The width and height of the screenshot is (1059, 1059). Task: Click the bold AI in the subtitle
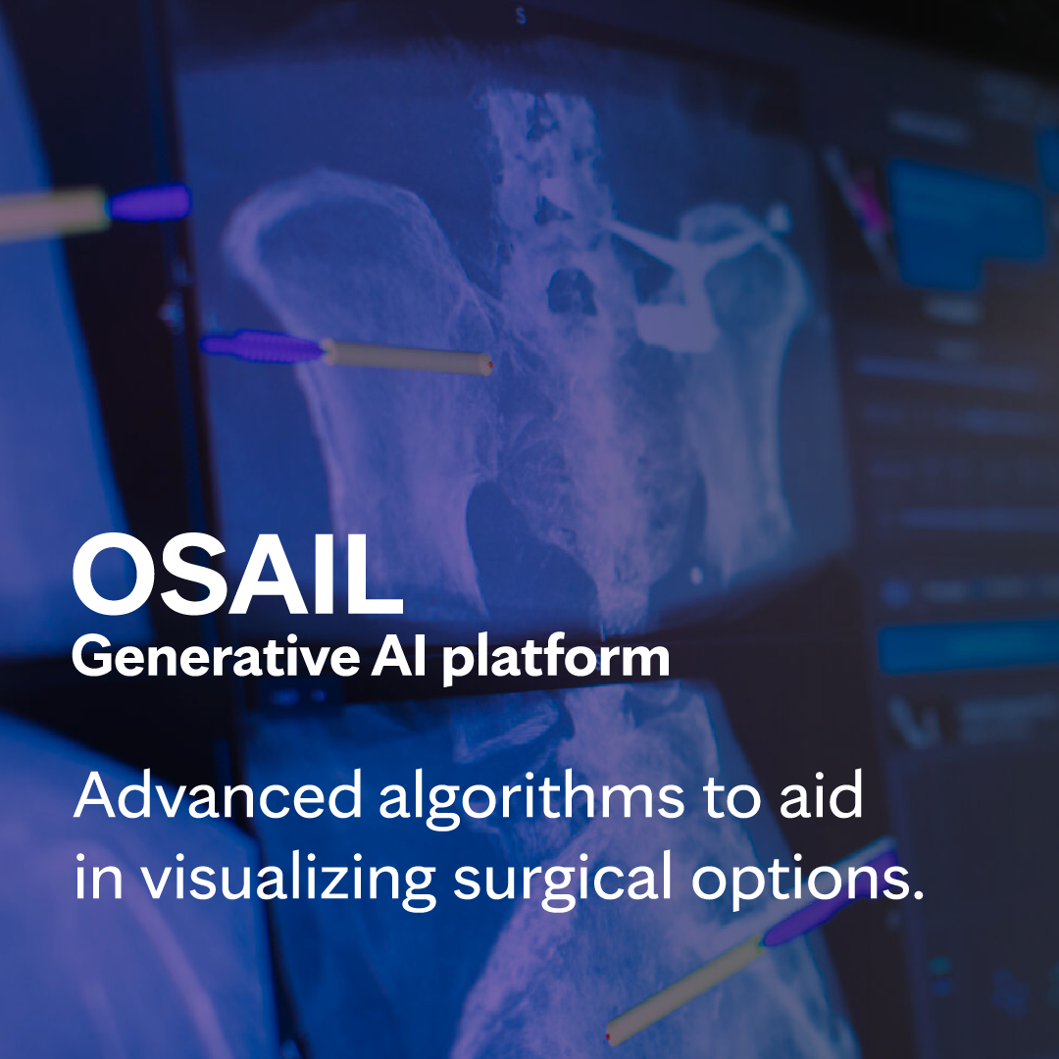[398, 656]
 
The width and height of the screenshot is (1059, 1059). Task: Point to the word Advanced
[218, 794]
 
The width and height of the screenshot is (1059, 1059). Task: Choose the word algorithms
[531, 798]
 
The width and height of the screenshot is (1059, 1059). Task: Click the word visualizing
[287, 877]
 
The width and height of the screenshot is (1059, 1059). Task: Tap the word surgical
[563, 877]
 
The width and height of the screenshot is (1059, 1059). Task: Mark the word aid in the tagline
[821, 794]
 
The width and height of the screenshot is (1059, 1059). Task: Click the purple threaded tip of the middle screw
[262, 346]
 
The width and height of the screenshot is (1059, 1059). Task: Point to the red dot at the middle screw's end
[489, 365]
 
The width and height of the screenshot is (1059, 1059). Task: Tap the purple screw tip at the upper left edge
[149, 203]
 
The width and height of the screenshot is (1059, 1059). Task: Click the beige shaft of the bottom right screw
[685, 989]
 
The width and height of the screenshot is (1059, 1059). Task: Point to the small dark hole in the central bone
[572, 291]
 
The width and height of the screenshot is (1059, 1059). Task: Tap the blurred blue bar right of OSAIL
[967, 647]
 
